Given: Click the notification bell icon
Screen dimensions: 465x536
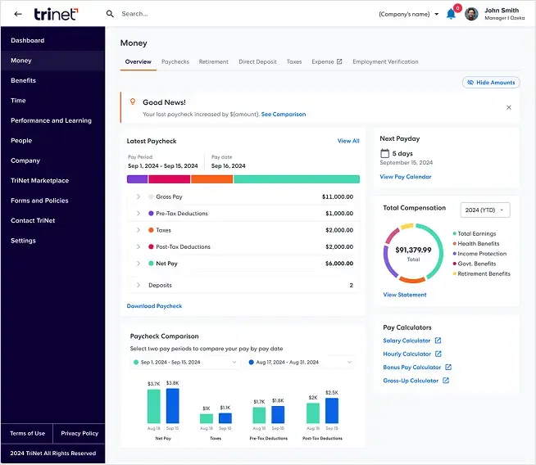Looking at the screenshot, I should click(451, 14).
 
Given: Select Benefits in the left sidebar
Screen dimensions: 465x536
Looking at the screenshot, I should click(23, 80).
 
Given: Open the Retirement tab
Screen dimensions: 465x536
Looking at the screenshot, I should click(214, 61).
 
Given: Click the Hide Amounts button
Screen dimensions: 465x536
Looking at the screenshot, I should click(491, 83).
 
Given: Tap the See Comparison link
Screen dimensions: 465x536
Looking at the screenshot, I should click(284, 115).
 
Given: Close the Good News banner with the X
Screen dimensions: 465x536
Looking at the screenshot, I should click(508, 107).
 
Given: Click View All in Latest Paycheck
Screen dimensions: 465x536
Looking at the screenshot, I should click(348, 141).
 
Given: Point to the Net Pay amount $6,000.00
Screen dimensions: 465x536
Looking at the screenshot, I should click(338, 264).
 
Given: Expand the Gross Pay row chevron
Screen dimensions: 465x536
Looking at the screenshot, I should click(139, 196).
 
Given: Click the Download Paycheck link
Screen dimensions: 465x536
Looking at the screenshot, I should click(154, 306).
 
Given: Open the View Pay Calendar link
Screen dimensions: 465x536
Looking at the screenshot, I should click(405, 177).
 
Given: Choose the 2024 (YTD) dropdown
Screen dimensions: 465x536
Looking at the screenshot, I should click(485, 210).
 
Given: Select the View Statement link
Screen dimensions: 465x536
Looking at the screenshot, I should click(405, 295).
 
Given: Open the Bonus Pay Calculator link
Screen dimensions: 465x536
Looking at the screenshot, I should click(411, 368).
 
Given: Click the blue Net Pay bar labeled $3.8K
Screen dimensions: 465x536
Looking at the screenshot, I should click(172, 405).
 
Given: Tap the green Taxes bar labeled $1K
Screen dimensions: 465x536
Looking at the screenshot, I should click(207, 418).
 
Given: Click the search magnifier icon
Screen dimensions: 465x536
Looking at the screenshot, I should click(110, 14).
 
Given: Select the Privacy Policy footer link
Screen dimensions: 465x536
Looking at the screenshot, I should click(79, 433).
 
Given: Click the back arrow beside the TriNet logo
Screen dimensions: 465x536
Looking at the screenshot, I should click(18, 14).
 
